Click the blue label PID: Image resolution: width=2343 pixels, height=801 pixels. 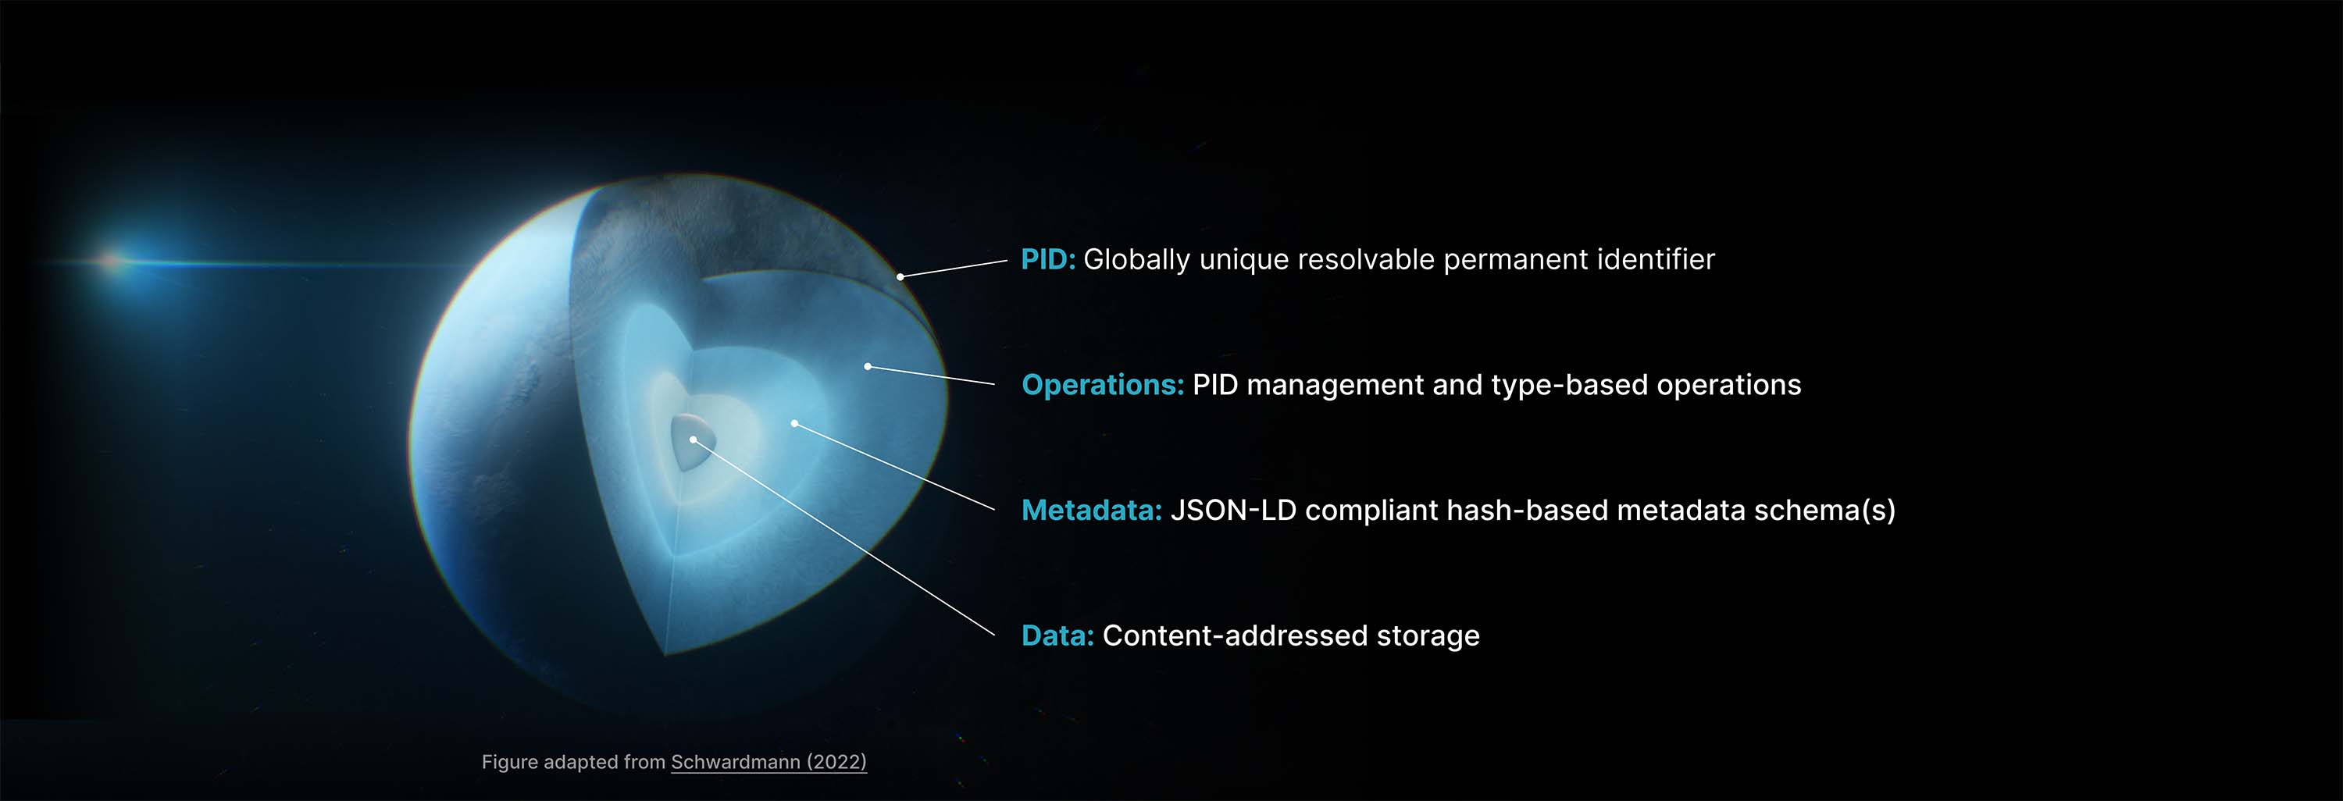click(1048, 260)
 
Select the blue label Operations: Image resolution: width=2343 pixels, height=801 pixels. click(1102, 386)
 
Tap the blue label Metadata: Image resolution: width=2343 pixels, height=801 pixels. click(1092, 510)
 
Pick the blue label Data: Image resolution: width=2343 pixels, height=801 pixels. click(1057, 635)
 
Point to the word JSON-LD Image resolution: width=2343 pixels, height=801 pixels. click(1233, 510)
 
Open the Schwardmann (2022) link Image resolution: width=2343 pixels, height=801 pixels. click(769, 762)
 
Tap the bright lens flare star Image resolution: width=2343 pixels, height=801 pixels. click(112, 261)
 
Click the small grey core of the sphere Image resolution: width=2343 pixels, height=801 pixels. click(691, 441)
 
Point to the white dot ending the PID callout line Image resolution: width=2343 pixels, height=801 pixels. click(900, 276)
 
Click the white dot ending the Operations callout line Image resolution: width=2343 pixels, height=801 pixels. click(868, 366)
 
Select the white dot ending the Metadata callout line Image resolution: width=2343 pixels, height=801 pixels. click(794, 424)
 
